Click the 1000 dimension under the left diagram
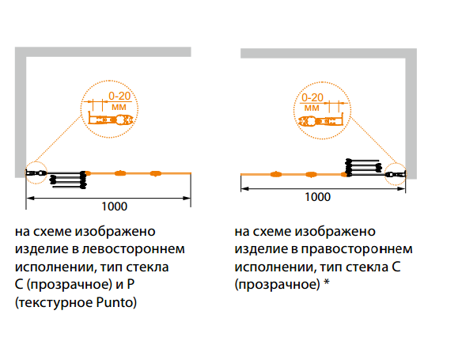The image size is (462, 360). pos(115,207)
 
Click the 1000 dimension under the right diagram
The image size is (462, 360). pos(317,197)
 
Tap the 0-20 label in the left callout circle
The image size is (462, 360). pos(119,96)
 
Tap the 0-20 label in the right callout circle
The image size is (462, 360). pos(312,97)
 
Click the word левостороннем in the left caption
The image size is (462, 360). pos(134,249)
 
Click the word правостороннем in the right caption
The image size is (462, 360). pos(357,249)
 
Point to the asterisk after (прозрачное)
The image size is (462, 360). pos(327,282)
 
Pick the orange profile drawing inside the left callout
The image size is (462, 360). pos(112,119)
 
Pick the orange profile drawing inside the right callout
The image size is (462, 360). pos(320,120)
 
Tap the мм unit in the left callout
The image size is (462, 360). pos(119,107)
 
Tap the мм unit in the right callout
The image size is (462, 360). pos(312,108)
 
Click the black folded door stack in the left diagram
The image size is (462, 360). pos(68,179)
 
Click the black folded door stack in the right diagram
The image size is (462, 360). pos(364,168)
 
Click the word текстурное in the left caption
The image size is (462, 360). pos(55,303)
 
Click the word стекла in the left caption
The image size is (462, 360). pos(148,267)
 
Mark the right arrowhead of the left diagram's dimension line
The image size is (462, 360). pos(187,199)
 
